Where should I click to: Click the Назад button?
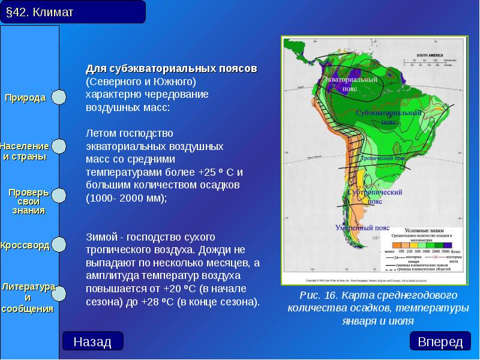[x=92, y=341]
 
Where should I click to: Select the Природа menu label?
[x=26, y=98]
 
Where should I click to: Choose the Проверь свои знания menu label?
[x=28, y=202]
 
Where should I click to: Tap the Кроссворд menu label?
[x=25, y=246]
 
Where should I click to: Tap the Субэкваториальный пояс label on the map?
[x=388, y=116]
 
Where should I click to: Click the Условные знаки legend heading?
[x=424, y=230]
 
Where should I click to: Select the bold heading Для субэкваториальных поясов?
[x=171, y=69]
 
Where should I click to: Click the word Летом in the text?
[x=100, y=132]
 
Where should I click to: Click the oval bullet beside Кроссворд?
[x=59, y=245]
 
